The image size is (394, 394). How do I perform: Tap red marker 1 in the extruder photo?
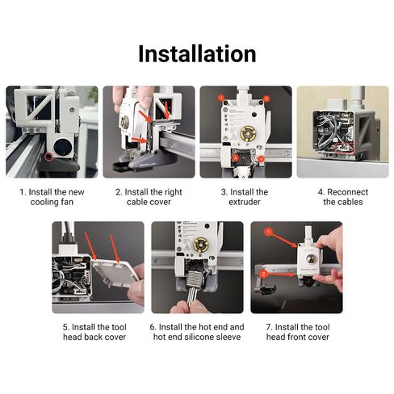[220, 98]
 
